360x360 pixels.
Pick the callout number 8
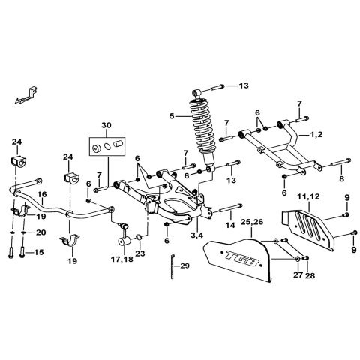point(341,179)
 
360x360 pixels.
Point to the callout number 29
point(186,267)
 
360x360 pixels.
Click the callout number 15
point(40,253)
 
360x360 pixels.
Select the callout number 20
point(40,232)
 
